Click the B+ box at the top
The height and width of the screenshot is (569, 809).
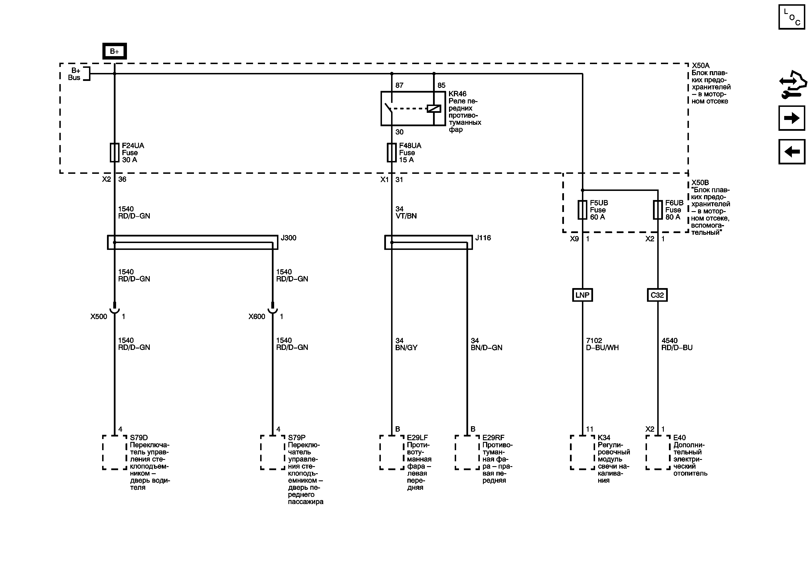114,51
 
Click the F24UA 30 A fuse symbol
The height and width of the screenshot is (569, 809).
114,152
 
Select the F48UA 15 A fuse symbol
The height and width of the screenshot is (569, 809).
392,152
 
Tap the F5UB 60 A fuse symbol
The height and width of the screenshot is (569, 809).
583,210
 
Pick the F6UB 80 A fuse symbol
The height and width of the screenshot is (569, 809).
658,210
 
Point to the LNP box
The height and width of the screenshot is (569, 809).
583,295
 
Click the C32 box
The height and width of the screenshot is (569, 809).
658,295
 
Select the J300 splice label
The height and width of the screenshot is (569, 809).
289,238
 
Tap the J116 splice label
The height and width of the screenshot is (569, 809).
483,238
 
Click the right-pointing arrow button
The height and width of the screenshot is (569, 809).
792,118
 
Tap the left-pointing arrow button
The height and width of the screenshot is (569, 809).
792,152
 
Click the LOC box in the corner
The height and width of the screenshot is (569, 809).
792,17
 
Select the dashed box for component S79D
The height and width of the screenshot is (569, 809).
114,452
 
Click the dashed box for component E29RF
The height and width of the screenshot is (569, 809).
467,452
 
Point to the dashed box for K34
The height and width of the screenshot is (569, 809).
583,452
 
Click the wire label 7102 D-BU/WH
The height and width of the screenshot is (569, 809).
602,344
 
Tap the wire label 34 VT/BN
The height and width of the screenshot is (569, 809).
406,213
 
